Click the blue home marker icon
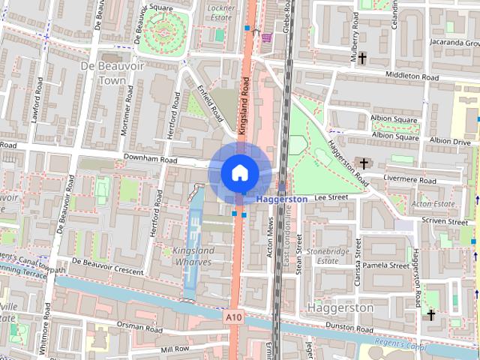[238, 172]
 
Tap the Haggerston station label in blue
[282, 199]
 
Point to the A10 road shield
[234, 318]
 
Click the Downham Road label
[150, 160]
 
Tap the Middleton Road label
[411, 76]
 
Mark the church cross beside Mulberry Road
[362, 58]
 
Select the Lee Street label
[331, 196]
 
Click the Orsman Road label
[140, 328]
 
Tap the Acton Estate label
[433, 203]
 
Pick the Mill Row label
[175, 349]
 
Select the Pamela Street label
[388, 265]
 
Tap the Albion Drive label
[450, 141]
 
